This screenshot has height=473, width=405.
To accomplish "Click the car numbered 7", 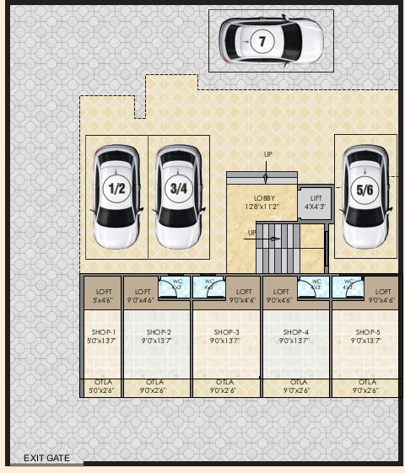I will pyautogui.click(x=272, y=40).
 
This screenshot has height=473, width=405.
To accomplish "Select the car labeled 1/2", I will pyautogui.click(x=116, y=197).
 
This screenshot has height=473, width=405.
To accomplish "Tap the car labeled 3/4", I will pyautogui.click(x=178, y=197).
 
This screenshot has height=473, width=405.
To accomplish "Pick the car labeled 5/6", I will pyautogui.click(x=364, y=197).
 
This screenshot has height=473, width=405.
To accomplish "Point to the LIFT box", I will pyautogui.click(x=316, y=202).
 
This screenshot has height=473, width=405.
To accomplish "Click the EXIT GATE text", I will pyautogui.click(x=46, y=458).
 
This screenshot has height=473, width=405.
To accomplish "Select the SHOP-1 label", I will pyautogui.click(x=101, y=332).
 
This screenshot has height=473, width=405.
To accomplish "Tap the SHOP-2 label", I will pyautogui.click(x=158, y=332).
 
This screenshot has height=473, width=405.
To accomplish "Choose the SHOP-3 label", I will pyautogui.click(x=226, y=332).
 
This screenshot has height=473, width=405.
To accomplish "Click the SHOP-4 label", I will pyautogui.click(x=295, y=332).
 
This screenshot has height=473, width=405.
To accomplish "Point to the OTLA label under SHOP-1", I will pyautogui.click(x=101, y=383).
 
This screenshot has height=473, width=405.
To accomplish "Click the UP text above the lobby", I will pyautogui.click(x=268, y=154).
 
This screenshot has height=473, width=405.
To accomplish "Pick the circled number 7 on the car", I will pyautogui.click(x=262, y=40).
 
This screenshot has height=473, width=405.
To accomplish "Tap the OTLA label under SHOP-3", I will pyautogui.click(x=226, y=383).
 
